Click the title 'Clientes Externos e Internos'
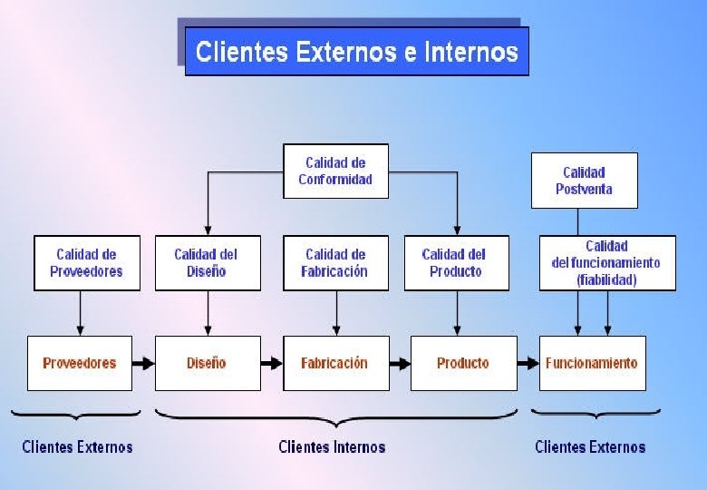coord(356,51)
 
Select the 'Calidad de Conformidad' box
coord(335,171)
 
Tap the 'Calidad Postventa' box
coord(584,181)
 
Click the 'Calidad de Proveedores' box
coord(87,263)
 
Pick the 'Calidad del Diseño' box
coord(208,263)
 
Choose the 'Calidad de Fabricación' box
coord(335,263)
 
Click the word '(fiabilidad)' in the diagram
coord(606,280)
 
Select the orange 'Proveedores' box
coord(79,363)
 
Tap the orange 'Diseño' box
coord(208,363)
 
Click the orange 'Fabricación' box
coord(335,363)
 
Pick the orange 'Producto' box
coord(462,363)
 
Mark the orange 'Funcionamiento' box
coord(592,363)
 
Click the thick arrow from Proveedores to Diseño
coord(143,363)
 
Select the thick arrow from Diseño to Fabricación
coord(272,363)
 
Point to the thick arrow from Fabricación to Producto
coord(400,363)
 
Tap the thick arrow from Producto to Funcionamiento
coord(528,363)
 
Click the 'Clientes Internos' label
coord(332,446)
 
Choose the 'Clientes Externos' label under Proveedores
coord(77,446)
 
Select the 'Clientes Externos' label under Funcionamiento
coord(590,446)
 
